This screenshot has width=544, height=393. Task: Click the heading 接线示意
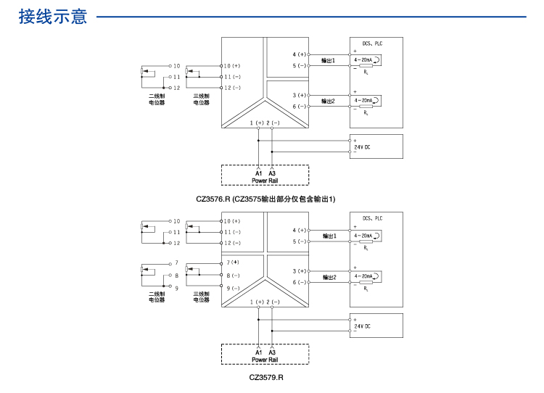[x=52, y=17]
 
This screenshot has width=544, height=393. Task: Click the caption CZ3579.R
[x=266, y=377]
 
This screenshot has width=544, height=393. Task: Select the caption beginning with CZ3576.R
[x=266, y=198]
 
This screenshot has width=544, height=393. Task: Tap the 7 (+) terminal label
[x=232, y=262]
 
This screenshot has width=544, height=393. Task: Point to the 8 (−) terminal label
[x=232, y=276]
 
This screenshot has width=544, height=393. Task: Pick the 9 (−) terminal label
[x=232, y=288]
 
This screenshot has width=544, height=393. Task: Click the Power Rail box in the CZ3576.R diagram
[x=265, y=175]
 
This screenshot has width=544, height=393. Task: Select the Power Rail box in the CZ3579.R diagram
[x=265, y=355]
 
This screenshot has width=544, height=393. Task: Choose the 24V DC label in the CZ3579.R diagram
[x=362, y=326]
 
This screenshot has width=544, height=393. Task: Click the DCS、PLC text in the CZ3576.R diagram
[x=372, y=44]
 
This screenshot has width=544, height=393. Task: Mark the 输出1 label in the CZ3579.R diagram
[x=329, y=236]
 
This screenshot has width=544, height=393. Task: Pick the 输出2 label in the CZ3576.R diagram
[x=329, y=101]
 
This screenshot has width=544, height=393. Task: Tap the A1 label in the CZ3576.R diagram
[x=258, y=173]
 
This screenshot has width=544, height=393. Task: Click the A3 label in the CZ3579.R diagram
[x=272, y=352]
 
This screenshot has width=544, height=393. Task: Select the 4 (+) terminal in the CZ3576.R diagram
[x=300, y=54]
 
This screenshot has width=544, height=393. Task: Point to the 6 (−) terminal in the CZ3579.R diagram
[x=300, y=282]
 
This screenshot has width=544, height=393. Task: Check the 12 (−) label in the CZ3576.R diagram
[x=232, y=88]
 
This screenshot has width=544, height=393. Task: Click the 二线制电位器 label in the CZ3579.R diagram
[x=157, y=297]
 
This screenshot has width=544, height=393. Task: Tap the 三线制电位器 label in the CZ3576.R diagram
[x=201, y=99]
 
